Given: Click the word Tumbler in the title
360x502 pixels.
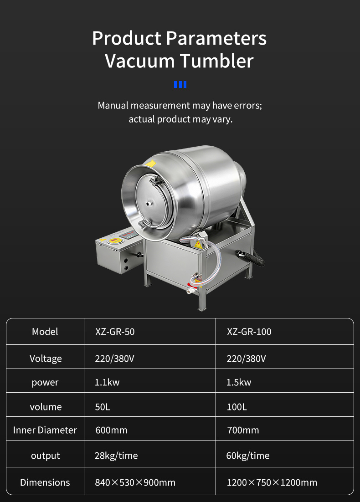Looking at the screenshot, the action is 216,61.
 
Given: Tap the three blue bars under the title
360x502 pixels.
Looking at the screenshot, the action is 180,85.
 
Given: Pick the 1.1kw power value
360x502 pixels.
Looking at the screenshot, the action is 107,382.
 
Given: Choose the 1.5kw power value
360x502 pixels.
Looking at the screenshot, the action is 239,382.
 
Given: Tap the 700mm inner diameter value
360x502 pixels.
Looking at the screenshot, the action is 243,430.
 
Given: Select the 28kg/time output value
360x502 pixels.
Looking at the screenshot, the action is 116,456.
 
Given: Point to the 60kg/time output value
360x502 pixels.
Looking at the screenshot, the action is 247,456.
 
